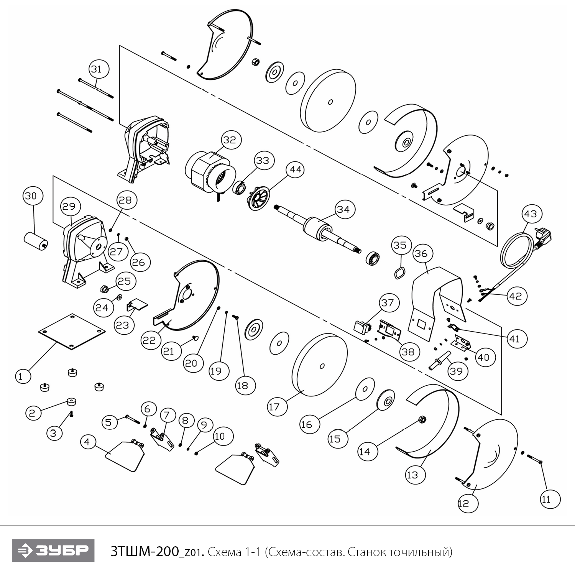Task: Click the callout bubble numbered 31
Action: tap(99, 69)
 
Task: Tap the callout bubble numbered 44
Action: tap(296, 169)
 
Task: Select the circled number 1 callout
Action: tap(21, 376)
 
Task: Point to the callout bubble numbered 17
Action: tap(274, 407)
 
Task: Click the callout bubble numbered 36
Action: tap(421, 254)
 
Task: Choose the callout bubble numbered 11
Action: tap(546, 499)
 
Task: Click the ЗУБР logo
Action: tap(53, 550)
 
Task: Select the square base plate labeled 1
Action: tap(72, 331)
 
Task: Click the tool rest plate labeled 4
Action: tap(125, 455)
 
